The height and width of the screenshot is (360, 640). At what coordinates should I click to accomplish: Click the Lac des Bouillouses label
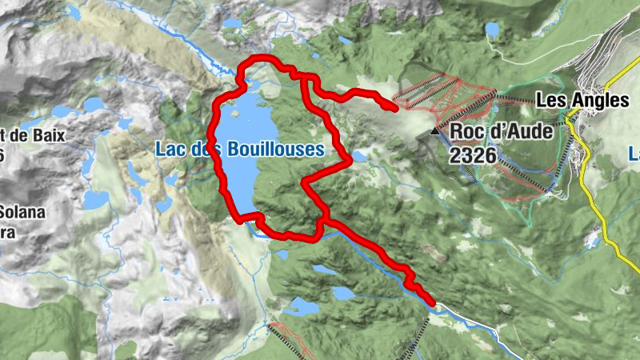pos(240,149)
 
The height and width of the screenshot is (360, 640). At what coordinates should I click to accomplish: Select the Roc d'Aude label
pos(502,131)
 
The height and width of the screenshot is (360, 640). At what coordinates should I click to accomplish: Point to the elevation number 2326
pos(473,155)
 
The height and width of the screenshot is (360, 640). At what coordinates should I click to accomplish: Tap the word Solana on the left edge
pos(22,212)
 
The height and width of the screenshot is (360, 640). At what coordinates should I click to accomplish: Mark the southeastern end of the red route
pos(432,302)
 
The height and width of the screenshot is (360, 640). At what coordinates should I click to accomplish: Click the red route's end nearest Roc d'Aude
pos(394,106)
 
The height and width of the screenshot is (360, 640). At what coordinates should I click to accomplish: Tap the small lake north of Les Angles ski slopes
pos(492,30)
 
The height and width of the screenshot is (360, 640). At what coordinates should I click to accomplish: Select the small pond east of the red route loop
pos(359,156)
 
